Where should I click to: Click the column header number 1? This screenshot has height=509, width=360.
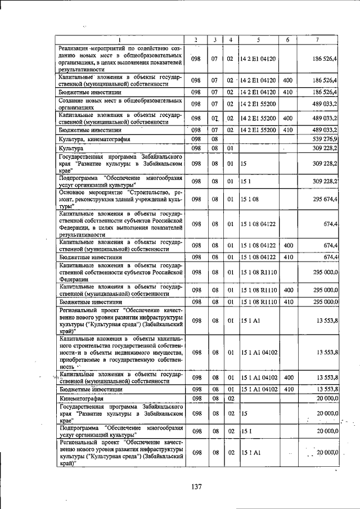pyautogui.click(x=120, y=39)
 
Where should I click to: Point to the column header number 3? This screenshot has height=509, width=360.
pyautogui.click(x=214, y=39)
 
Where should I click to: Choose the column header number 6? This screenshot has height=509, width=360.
pyautogui.click(x=287, y=39)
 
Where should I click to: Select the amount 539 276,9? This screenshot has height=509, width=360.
pyautogui.click(x=322, y=138)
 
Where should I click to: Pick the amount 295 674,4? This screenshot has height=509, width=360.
pyautogui.click(x=322, y=199)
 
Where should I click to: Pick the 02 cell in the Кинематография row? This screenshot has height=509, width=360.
pyautogui.click(x=230, y=398)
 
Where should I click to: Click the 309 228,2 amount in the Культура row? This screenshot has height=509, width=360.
pyautogui.click(x=322, y=148)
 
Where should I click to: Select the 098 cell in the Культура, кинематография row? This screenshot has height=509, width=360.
pyautogui.click(x=195, y=138)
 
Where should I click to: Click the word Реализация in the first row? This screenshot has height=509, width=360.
pyautogui.click(x=75, y=49)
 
